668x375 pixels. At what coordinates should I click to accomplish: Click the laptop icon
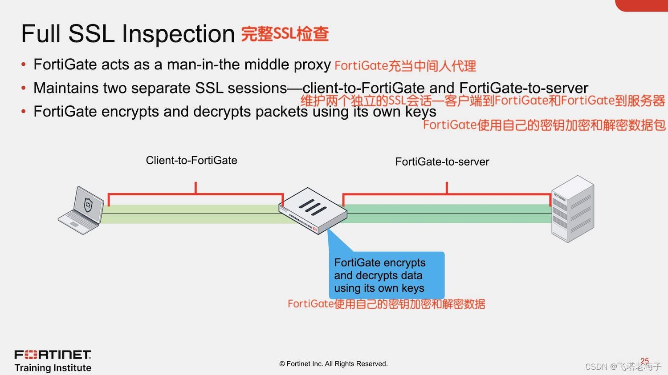click(81, 210)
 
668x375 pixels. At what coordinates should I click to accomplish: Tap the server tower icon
click(573, 209)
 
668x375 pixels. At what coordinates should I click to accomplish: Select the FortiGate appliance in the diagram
click(313, 210)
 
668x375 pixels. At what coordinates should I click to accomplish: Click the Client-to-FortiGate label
click(191, 161)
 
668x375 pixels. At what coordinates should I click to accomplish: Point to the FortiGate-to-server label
click(442, 162)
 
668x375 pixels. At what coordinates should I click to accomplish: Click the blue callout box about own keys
click(386, 275)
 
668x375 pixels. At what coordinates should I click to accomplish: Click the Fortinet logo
click(53, 355)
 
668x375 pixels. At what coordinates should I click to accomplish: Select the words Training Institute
click(53, 368)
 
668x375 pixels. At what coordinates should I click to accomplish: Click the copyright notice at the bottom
click(334, 364)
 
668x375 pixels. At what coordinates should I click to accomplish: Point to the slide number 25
click(644, 361)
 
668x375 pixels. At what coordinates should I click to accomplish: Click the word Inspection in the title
click(178, 34)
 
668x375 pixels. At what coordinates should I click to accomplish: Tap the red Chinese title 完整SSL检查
click(285, 34)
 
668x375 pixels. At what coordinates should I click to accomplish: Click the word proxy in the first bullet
click(312, 65)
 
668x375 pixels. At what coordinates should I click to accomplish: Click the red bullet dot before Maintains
click(24, 88)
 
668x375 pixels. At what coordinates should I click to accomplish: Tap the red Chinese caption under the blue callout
click(386, 304)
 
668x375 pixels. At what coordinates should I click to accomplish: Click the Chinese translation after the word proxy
click(405, 66)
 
